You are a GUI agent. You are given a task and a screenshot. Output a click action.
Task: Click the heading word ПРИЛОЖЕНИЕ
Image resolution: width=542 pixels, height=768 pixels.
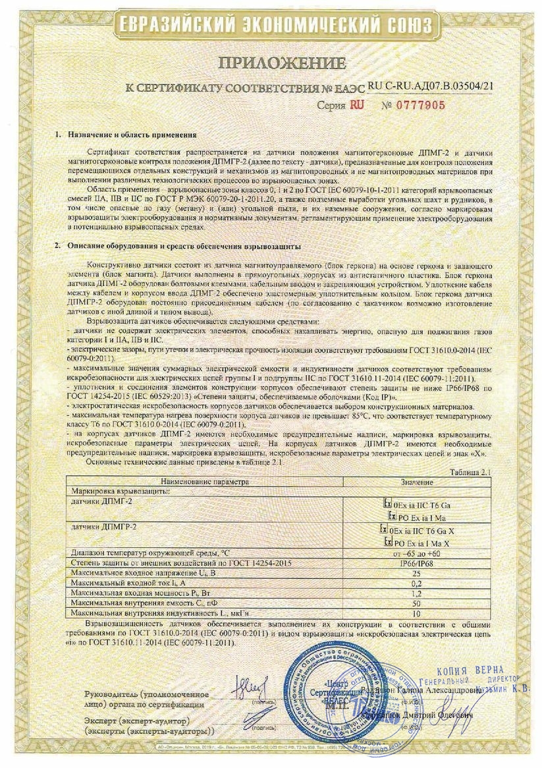[x=281, y=63]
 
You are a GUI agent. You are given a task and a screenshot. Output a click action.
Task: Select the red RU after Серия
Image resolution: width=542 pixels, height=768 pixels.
[x=356, y=105]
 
